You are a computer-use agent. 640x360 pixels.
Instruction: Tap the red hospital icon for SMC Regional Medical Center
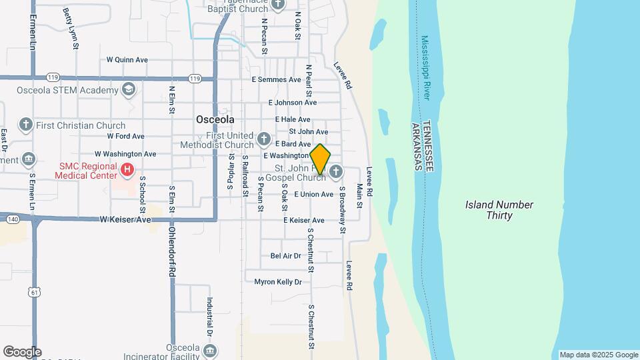(127, 171)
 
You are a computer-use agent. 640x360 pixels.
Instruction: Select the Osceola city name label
(215, 119)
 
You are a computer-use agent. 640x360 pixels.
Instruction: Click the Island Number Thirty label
(499, 210)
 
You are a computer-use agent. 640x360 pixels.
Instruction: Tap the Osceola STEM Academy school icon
(129, 89)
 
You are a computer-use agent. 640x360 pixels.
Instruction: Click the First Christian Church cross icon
(26, 125)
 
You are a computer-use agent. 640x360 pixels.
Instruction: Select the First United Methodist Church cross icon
(264, 140)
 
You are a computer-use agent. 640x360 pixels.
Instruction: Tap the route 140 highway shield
(12, 219)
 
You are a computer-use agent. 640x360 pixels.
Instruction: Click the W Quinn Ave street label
(127, 60)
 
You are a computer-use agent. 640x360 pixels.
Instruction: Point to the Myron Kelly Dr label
(278, 282)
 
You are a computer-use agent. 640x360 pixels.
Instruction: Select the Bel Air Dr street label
(286, 256)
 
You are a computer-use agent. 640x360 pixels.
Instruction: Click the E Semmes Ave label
(276, 79)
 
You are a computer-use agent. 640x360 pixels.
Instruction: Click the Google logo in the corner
(22, 352)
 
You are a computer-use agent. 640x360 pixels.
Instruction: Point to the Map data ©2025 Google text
(598, 355)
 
